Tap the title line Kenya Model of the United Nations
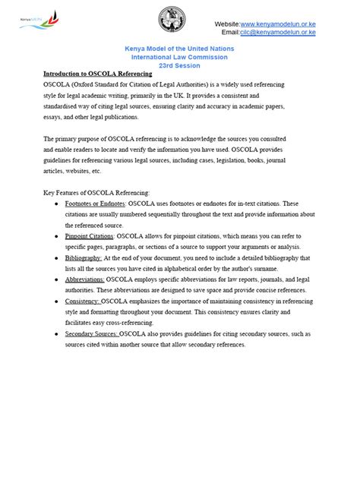[x=179, y=49]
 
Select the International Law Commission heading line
[x=179, y=57]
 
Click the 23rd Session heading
[x=179, y=65]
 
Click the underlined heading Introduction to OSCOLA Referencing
[x=98, y=74]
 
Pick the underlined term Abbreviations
[x=85, y=280]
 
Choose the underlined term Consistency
[x=83, y=302]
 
